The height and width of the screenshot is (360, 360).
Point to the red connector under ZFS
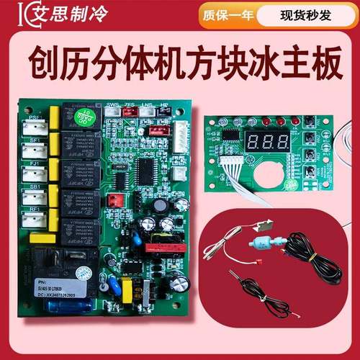(x=130, y=122)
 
